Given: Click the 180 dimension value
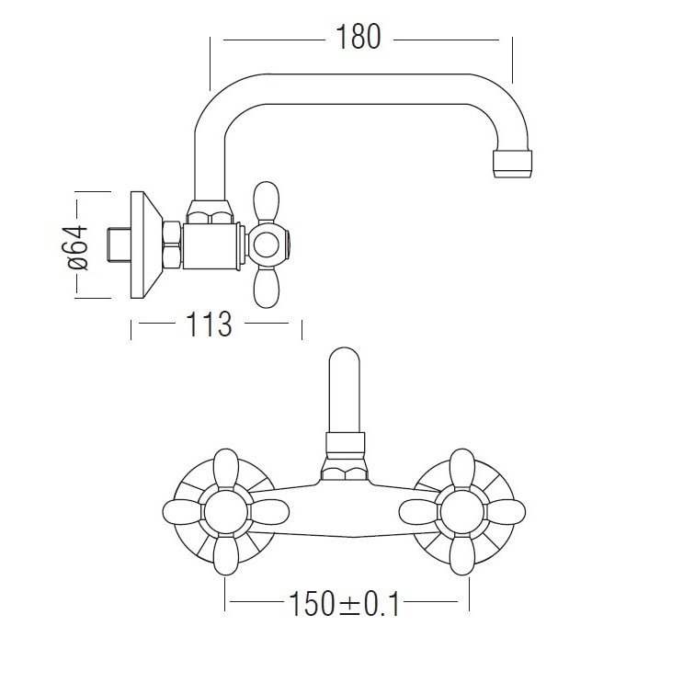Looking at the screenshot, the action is (x=359, y=37).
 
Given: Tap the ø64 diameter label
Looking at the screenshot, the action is (x=78, y=247).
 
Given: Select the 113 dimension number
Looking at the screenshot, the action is (x=209, y=324).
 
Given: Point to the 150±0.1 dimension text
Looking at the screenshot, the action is (x=344, y=604).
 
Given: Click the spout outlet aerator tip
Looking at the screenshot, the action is (x=512, y=164).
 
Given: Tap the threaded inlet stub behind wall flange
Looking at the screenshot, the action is (x=119, y=245).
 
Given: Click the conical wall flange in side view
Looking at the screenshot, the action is (x=147, y=245).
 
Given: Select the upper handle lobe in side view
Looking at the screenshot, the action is (x=267, y=202).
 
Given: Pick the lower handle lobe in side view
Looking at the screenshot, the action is (x=267, y=288).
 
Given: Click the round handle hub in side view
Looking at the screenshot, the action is (x=267, y=245).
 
